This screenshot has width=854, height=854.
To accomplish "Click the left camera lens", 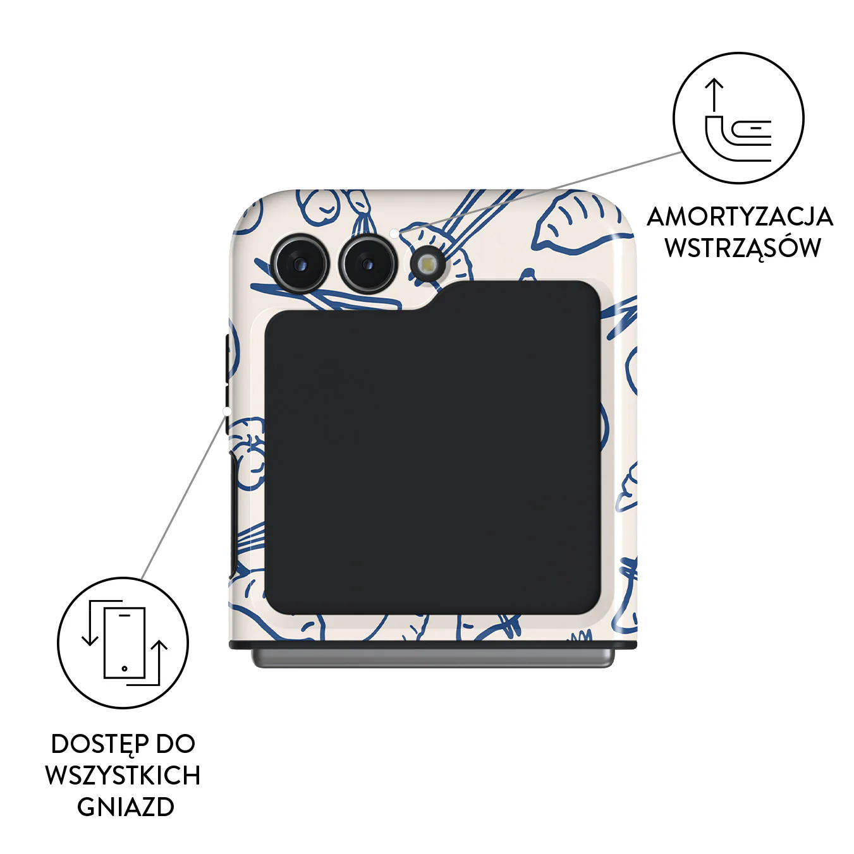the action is pyautogui.click(x=301, y=264).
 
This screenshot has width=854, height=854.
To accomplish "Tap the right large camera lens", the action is pyautogui.click(x=368, y=264).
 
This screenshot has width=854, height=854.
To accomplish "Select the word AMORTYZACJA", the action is pyautogui.click(x=740, y=217).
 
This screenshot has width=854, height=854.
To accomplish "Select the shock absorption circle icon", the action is pyautogui.click(x=739, y=118).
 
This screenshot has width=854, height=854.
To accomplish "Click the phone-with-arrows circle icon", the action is pyautogui.click(x=123, y=642).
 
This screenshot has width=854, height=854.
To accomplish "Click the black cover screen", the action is pyautogui.click(x=432, y=448).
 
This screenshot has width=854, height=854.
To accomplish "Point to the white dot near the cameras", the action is pyautogui.click(x=394, y=232).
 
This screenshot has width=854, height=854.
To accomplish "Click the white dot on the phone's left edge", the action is pyautogui.click(x=227, y=412).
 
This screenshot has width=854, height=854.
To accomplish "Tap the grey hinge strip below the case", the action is pyautogui.click(x=433, y=659).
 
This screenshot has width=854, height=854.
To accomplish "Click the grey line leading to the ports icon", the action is pyautogui.click(x=183, y=497).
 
